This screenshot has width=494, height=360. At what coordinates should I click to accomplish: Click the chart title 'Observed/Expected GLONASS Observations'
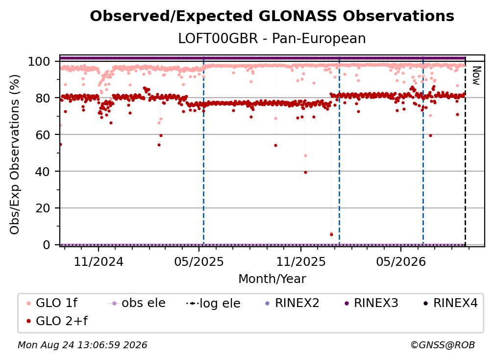(272, 16)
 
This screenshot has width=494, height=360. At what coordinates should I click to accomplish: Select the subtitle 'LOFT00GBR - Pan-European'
(272, 38)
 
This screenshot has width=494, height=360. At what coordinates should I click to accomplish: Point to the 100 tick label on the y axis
(39, 61)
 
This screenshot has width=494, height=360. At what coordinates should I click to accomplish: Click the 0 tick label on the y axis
(47, 245)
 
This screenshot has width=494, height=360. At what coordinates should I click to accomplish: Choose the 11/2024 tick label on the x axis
(99, 262)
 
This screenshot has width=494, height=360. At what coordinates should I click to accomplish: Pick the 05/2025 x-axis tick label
(199, 262)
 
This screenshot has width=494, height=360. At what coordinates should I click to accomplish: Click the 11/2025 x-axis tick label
(301, 262)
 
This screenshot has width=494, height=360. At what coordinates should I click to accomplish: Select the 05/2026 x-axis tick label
(401, 262)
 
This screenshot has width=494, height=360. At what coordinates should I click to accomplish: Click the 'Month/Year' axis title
(272, 279)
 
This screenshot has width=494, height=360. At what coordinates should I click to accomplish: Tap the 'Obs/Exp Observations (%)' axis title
(15, 154)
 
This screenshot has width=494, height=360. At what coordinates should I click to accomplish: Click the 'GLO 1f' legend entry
(52, 303)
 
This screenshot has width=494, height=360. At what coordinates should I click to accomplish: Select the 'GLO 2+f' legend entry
(57, 321)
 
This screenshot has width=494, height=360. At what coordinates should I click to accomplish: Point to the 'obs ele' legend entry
(137, 303)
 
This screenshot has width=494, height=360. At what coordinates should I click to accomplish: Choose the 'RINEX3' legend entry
(371, 303)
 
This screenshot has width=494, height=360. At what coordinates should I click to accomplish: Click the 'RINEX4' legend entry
(450, 303)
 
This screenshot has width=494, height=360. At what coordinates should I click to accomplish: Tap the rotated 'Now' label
(476, 76)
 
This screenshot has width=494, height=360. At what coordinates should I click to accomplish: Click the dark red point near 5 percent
(331, 235)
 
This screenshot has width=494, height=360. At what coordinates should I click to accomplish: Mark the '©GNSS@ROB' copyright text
(443, 345)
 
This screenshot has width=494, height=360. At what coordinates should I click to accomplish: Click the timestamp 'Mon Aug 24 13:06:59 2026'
(82, 345)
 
